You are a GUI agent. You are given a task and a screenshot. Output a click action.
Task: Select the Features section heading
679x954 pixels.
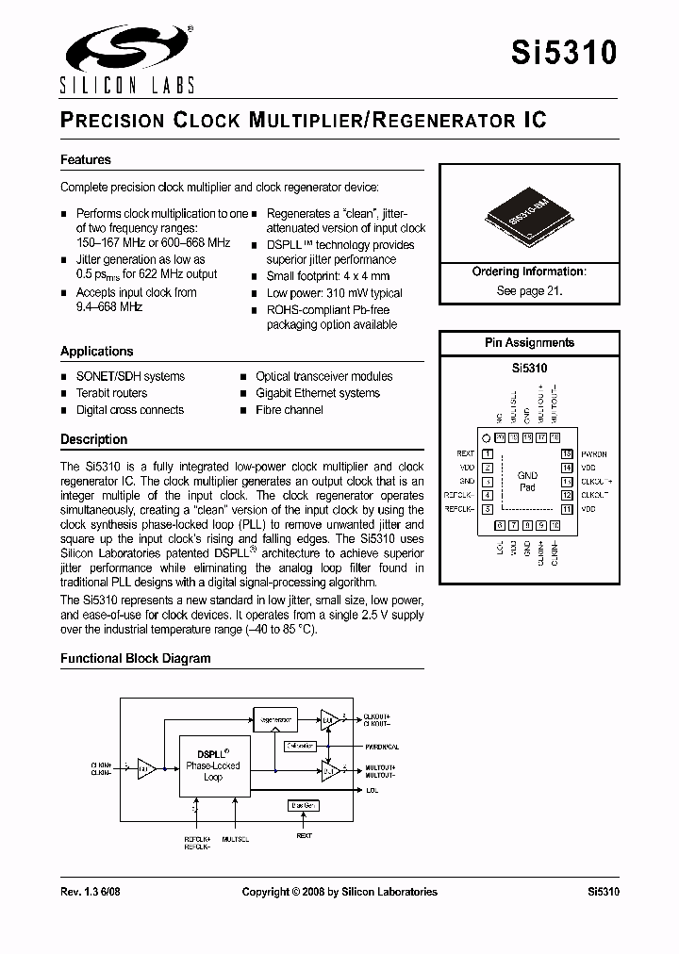pyautogui.click(x=86, y=160)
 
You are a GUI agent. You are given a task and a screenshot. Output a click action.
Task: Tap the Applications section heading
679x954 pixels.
pyautogui.click(x=97, y=352)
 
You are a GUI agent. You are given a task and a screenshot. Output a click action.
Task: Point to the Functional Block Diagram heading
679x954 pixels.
pyautogui.click(x=136, y=659)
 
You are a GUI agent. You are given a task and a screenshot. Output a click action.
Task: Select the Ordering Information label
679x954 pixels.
pyautogui.click(x=529, y=271)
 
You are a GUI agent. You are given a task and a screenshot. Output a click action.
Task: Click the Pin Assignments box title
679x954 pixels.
pyautogui.click(x=529, y=343)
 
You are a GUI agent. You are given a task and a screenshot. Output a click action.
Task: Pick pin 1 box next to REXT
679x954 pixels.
pyautogui.click(x=488, y=454)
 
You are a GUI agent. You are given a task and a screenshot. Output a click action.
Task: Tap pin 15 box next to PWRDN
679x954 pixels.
pyautogui.click(x=567, y=454)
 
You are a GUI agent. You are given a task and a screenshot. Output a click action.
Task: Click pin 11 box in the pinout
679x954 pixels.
pyautogui.click(x=567, y=509)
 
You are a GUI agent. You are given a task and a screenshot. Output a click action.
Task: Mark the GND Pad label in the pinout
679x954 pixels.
pyautogui.click(x=527, y=482)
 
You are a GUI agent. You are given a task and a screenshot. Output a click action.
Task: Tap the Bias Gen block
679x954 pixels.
pyautogui.click(x=304, y=806)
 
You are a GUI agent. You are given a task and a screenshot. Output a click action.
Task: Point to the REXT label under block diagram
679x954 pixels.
pyautogui.click(x=304, y=835)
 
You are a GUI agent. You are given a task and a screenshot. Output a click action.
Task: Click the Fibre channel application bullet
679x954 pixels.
pyautogui.click(x=290, y=410)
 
